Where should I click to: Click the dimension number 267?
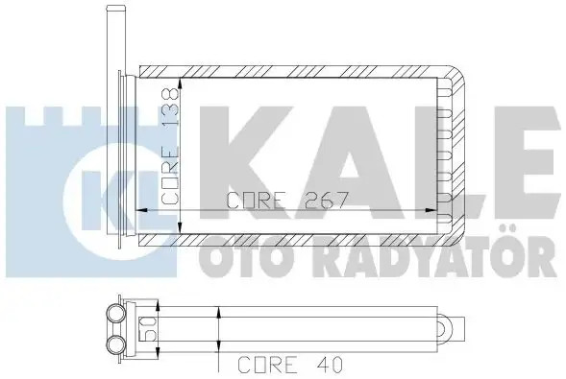tap(327, 200)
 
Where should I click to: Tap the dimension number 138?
tap(170, 107)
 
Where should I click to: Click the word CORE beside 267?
tap(257, 201)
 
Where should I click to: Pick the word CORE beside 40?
tap(267, 365)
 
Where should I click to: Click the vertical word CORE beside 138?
tap(170, 169)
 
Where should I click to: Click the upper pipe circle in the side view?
tap(115, 313)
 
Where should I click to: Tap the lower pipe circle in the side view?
tap(115, 343)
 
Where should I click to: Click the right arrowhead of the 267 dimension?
tap(431, 210)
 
